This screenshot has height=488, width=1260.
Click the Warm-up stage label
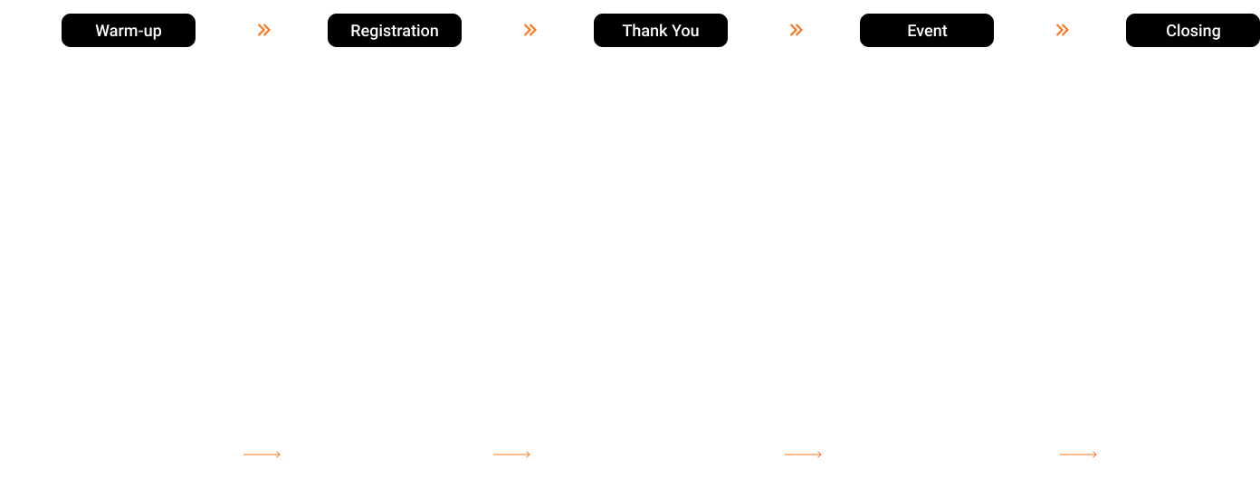point(129,31)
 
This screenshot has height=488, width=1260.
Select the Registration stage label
point(395,31)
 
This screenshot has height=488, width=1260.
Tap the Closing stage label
point(1193,31)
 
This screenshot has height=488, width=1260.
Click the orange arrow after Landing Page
point(262,455)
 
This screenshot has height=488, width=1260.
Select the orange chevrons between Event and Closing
point(1063,31)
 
